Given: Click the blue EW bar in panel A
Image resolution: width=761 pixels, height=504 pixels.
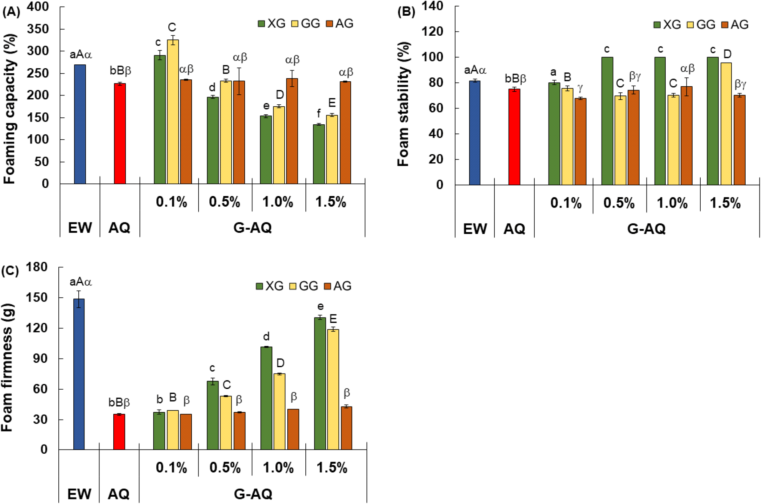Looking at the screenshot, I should [80, 124].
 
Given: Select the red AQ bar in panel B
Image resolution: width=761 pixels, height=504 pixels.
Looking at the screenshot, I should [514, 137].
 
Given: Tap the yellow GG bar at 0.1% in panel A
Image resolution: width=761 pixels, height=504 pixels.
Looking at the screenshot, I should [172, 112].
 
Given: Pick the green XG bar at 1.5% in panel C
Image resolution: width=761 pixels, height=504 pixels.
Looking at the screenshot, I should [320, 384].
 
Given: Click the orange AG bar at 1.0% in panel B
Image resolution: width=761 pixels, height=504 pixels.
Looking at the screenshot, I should [686, 136].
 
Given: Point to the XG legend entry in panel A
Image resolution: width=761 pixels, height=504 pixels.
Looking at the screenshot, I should [272, 23].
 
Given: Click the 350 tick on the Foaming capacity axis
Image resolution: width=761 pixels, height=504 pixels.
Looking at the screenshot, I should [38, 29].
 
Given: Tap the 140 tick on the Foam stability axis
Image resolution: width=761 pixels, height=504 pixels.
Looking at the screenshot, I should [433, 6].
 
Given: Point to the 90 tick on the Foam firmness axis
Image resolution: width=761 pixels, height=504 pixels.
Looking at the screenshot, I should [39, 359].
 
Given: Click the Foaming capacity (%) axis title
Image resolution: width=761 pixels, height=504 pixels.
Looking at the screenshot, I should [9, 109].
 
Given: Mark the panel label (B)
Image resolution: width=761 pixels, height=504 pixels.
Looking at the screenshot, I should [406, 12].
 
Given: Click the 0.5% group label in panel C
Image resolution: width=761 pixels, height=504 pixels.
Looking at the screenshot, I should [225, 468].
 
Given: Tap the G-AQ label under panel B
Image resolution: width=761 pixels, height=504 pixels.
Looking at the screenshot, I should [646, 229].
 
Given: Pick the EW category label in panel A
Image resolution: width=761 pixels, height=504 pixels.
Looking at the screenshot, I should [80, 228].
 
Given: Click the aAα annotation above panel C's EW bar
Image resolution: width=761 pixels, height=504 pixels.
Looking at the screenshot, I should [81, 282].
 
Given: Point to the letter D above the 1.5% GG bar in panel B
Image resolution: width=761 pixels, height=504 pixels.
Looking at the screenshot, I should [727, 54].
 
